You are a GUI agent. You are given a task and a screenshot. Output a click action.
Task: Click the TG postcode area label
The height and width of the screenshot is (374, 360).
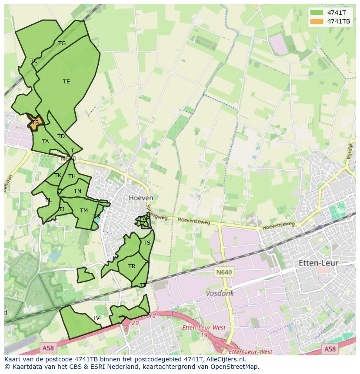tap(62, 43)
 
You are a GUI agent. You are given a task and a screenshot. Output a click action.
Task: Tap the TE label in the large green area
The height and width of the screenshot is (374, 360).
tap(66, 82)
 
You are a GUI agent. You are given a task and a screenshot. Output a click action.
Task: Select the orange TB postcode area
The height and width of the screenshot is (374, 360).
tap(35, 122)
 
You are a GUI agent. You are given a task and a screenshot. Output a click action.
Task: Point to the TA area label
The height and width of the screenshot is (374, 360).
tap(45, 142)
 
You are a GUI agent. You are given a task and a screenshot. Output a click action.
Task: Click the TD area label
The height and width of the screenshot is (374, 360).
tap(61, 136)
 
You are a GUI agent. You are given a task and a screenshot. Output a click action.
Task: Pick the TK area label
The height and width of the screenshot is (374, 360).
tap(58, 175)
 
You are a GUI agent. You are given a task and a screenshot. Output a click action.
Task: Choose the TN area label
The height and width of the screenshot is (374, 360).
tap(77, 191)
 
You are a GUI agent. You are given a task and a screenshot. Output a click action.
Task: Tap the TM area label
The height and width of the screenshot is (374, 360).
tap(84, 211)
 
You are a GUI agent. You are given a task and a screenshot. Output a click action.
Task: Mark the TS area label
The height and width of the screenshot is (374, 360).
tap(147, 243)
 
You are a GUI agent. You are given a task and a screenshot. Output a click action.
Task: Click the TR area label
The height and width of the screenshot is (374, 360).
tap(132, 266)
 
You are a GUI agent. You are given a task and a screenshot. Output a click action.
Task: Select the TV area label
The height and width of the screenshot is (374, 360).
tap(96, 318)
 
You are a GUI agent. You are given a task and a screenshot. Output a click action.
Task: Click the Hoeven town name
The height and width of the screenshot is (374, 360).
tap(141, 198)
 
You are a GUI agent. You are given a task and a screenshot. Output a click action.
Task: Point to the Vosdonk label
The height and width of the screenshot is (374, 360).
tap(220, 293)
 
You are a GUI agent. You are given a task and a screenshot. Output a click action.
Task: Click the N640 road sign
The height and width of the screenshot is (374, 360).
tap(224, 272)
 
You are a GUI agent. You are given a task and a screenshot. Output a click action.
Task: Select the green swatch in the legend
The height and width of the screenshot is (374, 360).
tap(317, 13)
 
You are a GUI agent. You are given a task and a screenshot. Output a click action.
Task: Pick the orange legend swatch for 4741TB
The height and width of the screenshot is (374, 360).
tap(317, 21)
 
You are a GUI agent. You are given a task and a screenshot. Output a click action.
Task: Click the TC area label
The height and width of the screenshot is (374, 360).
tap(34, 61)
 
